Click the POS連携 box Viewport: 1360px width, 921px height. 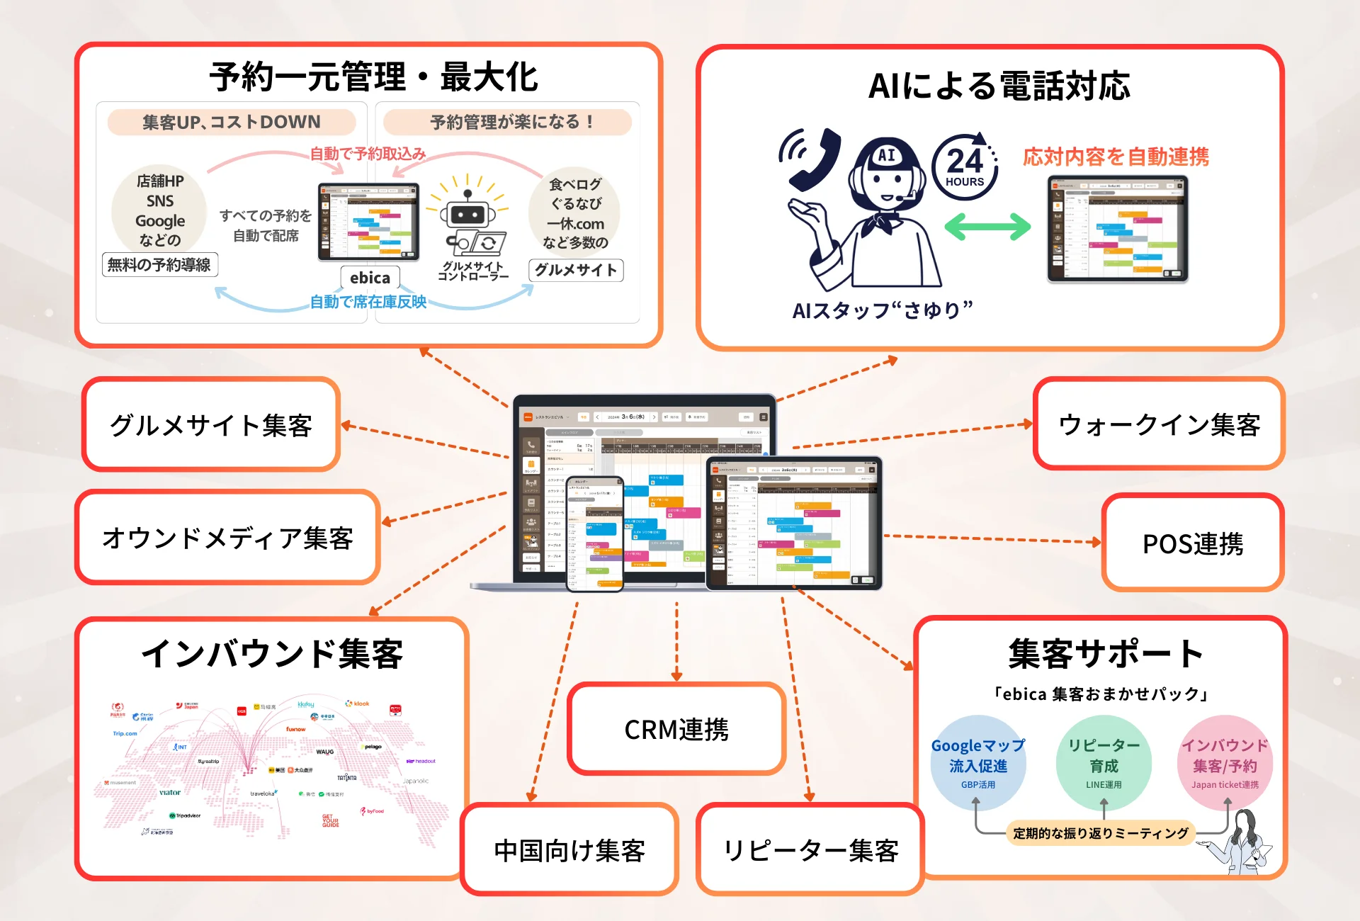pyautogui.click(x=1193, y=543)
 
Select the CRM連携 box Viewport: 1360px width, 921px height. pyautogui.click(x=676, y=729)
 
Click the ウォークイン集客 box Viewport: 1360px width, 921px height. pyautogui.click(x=1159, y=424)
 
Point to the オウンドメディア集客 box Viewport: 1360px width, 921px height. pyautogui.click(x=227, y=538)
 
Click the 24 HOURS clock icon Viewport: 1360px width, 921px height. pyautogui.click(x=965, y=167)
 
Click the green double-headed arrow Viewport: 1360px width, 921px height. pyautogui.click(x=987, y=227)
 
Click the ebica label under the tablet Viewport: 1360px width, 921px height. pyautogui.click(x=370, y=278)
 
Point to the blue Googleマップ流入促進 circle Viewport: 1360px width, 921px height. pyautogui.click(x=977, y=763)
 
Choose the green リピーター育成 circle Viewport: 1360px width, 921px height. pyautogui.click(x=1104, y=763)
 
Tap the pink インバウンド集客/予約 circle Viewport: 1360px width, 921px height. pyautogui.click(x=1225, y=763)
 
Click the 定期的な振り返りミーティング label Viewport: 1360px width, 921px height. pyautogui.click(x=1100, y=833)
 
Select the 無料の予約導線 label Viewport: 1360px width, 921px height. pyautogui.click(x=159, y=265)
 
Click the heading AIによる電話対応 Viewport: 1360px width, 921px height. pyautogui.click(x=999, y=86)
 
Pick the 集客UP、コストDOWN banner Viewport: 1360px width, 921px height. pyautogui.click(x=232, y=122)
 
